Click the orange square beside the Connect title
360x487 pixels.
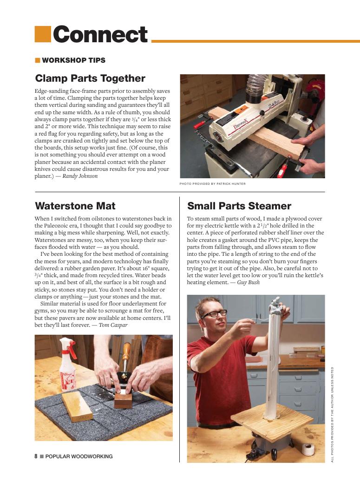tap(42, 33)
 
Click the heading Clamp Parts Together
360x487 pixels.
tap(90, 78)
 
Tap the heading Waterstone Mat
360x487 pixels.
tap(75, 206)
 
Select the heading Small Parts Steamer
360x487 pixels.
tap(239, 206)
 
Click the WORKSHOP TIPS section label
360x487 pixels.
tap(73, 60)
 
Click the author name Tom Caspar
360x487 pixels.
tap(113, 325)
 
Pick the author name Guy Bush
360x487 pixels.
tap(248, 282)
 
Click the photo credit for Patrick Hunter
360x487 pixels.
tap(212, 184)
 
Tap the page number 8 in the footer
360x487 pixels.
tap(36, 456)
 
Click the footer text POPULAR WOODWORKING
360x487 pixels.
tap(79, 456)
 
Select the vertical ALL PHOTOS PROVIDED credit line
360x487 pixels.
tap(332, 413)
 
